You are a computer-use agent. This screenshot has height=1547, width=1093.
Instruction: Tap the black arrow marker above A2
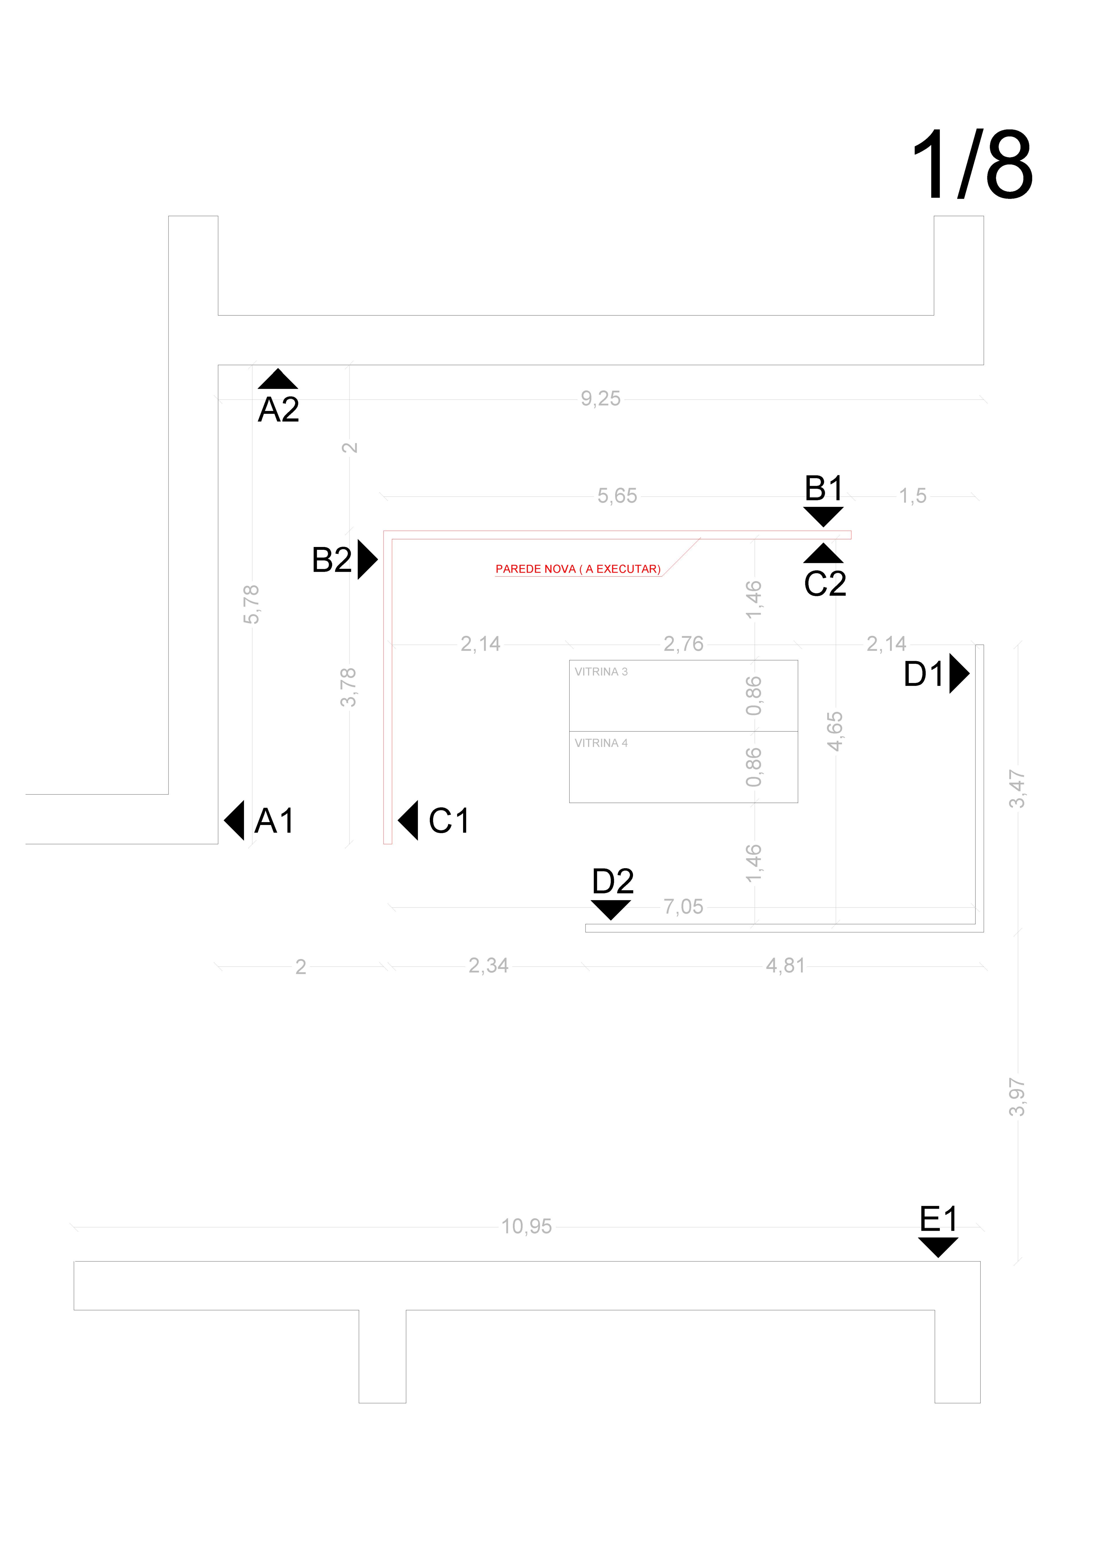278,379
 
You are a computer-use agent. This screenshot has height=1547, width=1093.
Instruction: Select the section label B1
824,489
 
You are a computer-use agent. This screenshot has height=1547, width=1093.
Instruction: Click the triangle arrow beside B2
367,559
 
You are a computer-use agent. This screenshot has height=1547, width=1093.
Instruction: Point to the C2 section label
825,583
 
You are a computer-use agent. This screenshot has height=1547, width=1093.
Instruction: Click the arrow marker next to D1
959,673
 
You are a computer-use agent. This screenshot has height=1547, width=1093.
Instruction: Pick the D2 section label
613,881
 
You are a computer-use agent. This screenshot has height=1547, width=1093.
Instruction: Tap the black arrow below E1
938,1247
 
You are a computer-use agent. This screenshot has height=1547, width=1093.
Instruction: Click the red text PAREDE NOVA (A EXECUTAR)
578,569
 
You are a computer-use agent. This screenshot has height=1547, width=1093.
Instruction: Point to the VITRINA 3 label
601,672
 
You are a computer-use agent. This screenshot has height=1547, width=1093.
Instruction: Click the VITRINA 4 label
601,743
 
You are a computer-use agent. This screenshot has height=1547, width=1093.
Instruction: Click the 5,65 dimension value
617,496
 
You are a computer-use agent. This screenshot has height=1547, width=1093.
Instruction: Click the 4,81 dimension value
785,966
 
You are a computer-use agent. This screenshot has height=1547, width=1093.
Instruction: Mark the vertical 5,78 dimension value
251,605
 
